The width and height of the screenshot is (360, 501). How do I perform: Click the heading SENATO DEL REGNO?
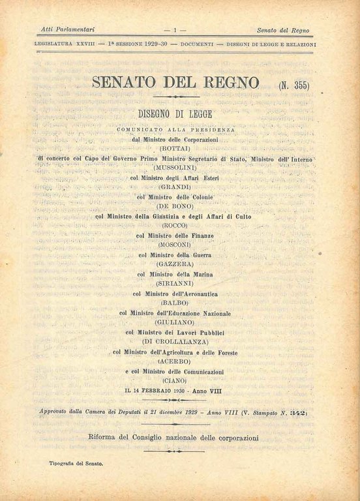pos(175,84)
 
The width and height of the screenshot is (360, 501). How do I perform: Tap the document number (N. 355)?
pos(293,85)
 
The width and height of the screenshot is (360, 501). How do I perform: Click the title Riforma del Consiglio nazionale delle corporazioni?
pos(173,437)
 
